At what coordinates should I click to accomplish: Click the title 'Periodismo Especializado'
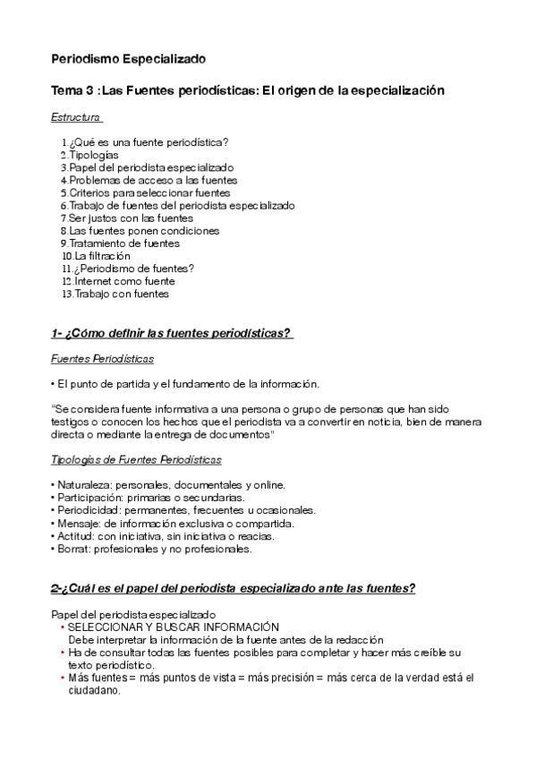click(x=128, y=59)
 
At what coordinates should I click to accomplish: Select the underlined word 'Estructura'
click(x=75, y=116)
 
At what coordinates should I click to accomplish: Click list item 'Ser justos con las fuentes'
click(x=130, y=217)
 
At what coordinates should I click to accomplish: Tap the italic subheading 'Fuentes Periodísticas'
click(x=102, y=359)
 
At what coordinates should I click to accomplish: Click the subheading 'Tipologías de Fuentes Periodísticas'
click(x=137, y=460)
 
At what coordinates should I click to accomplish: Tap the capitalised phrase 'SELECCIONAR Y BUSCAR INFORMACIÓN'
click(x=174, y=627)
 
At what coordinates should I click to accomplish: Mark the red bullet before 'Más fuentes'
click(x=62, y=678)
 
